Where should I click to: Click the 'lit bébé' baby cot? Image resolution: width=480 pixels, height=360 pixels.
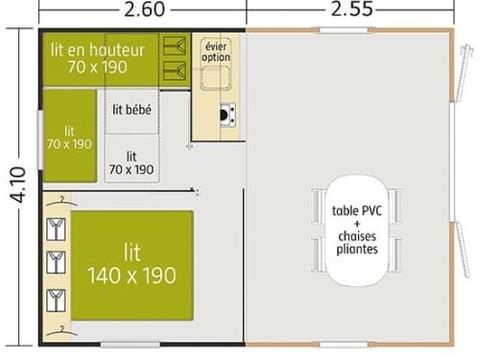[x=132, y=110]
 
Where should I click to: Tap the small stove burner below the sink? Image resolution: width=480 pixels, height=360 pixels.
[x=227, y=113]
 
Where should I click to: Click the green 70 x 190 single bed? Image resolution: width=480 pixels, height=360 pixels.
[x=69, y=137]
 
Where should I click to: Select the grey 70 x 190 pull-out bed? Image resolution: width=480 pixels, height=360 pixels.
[x=131, y=163]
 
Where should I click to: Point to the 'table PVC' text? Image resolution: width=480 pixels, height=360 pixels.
[x=357, y=212]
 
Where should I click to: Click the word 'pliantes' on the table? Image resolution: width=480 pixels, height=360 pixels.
[x=357, y=249]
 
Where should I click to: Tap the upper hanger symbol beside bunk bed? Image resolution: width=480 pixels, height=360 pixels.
[x=177, y=47]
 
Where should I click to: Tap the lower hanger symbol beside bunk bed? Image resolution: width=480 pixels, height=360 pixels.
[x=177, y=69]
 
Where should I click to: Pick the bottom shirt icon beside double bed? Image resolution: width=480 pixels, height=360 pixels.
[x=55, y=298]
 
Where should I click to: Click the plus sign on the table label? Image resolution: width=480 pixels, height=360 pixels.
[x=357, y=224]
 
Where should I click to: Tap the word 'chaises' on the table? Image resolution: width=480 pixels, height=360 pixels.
[x=357, y=236]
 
